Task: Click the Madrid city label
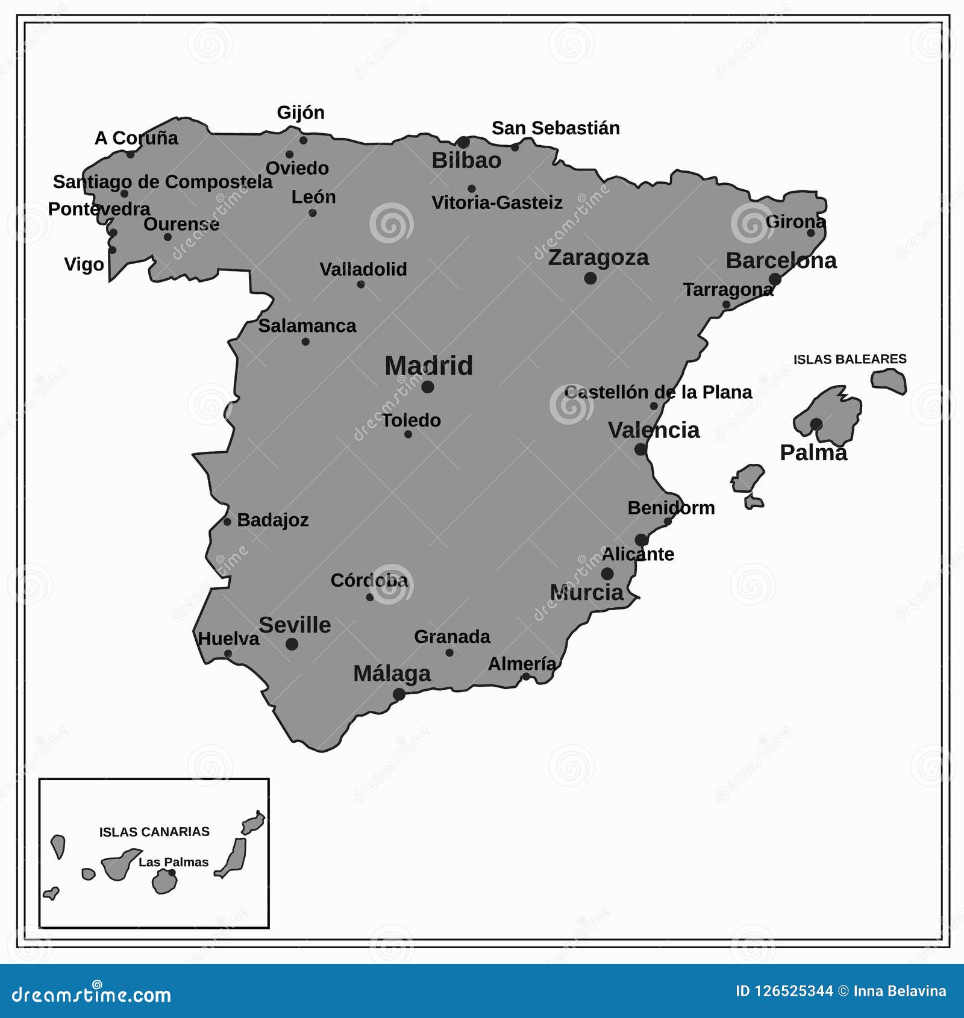coord(428,366)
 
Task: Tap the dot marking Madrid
coord(428,387)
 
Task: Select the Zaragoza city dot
coord(590,278)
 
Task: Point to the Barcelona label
coord(781,261)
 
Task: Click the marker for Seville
coord(292,644)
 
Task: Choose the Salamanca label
coord(307,326)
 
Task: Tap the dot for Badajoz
coord(227,522)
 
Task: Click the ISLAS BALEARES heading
coord(850,360)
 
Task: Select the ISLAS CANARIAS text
coord(154,832)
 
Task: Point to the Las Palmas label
coord(174,862)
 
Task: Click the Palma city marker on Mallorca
coord(816,424)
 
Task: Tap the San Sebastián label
coord(556,128)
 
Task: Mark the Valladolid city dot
coord(360,284)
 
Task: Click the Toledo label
coord(412,420)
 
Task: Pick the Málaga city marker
coord(399,695)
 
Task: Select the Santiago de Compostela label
coord(163,182)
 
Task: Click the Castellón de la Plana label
coord(658,392)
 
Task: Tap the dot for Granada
coord(449,652)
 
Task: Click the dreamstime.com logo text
coord(92,995)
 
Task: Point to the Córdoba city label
coord(369,580)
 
